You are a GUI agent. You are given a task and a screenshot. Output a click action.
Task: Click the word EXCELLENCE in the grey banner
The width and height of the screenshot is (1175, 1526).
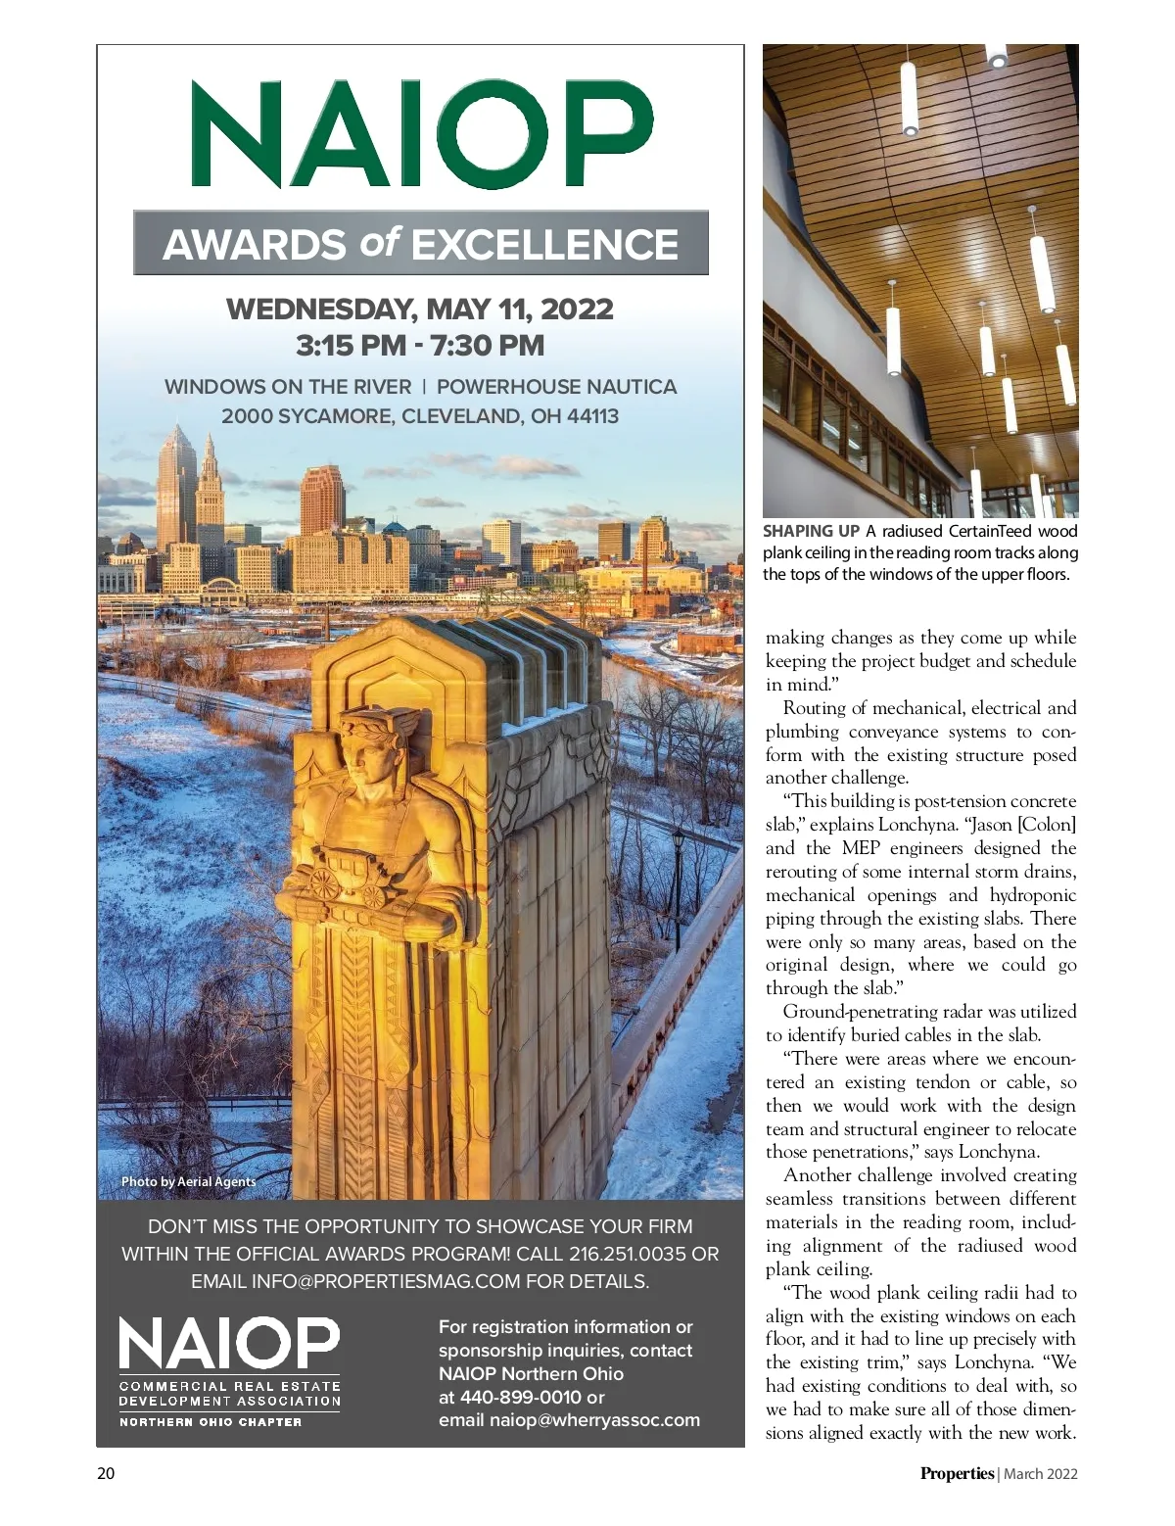[544, 245]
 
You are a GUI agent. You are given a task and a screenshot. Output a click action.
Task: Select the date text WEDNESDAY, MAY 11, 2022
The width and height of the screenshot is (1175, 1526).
[420, 310]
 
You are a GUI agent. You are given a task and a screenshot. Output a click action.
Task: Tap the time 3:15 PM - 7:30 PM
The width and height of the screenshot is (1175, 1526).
[420, 346]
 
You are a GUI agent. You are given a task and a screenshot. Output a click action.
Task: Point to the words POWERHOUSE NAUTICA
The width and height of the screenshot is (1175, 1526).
[556, 387]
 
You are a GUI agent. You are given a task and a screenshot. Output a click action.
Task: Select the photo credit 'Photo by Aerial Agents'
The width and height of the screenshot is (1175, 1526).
[188, 1181]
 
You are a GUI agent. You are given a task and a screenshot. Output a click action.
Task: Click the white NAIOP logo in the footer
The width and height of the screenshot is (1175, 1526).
[229, 1343]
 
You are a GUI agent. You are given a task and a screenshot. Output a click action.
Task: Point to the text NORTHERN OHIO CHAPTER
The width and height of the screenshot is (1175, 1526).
[211, 1421]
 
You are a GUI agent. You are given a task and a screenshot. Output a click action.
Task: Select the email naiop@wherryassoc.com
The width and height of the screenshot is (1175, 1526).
[594, 1420]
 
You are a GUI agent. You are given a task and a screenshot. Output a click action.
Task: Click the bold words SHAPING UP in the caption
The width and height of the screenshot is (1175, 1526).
[811, 531]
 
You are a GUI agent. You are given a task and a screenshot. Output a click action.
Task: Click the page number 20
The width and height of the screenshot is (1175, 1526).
[106, 1473]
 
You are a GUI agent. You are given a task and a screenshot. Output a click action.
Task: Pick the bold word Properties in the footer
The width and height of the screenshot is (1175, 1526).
[957, 1473]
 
